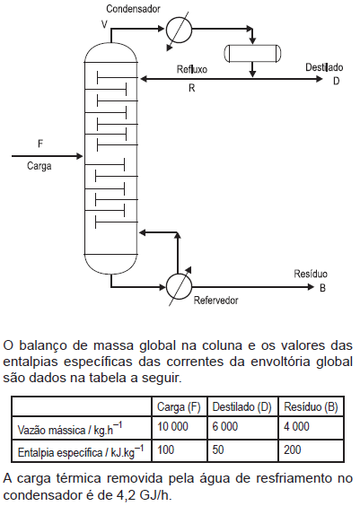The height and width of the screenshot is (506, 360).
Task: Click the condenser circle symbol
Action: click(x=179, y=30)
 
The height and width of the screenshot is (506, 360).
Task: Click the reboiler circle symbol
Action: click(x=179, y=286)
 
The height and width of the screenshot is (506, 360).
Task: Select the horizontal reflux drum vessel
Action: click(x=252, y=53)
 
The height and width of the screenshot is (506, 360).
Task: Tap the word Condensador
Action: click(x=133, y=9)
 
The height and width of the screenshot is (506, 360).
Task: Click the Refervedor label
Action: click(x=215, y=301)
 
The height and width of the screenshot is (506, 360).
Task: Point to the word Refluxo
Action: click(x=192, y=69)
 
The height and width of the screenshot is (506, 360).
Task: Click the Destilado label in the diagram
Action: click(x=324, y=67)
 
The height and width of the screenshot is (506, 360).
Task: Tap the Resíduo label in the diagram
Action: click(x=311, y=274)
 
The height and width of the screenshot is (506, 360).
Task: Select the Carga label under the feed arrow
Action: click(x=40, y=166)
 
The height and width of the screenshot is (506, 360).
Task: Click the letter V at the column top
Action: click(x=104, y=24)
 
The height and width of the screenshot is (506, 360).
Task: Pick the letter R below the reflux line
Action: click(x=192, y=88)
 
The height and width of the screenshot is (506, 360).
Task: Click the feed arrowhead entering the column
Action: click(x=79, y=156)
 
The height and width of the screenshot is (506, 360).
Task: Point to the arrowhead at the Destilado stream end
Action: click(x=319, y=79)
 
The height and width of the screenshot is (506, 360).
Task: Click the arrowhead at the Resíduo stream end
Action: click(x=311, y=287)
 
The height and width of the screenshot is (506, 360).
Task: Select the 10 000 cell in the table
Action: click(x=172, y=427)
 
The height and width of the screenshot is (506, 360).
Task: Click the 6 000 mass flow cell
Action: click(x=225, y=427)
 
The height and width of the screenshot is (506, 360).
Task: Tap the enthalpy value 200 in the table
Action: click(x=292, y=449)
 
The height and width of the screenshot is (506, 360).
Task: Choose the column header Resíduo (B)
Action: click(x=311, y=407)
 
